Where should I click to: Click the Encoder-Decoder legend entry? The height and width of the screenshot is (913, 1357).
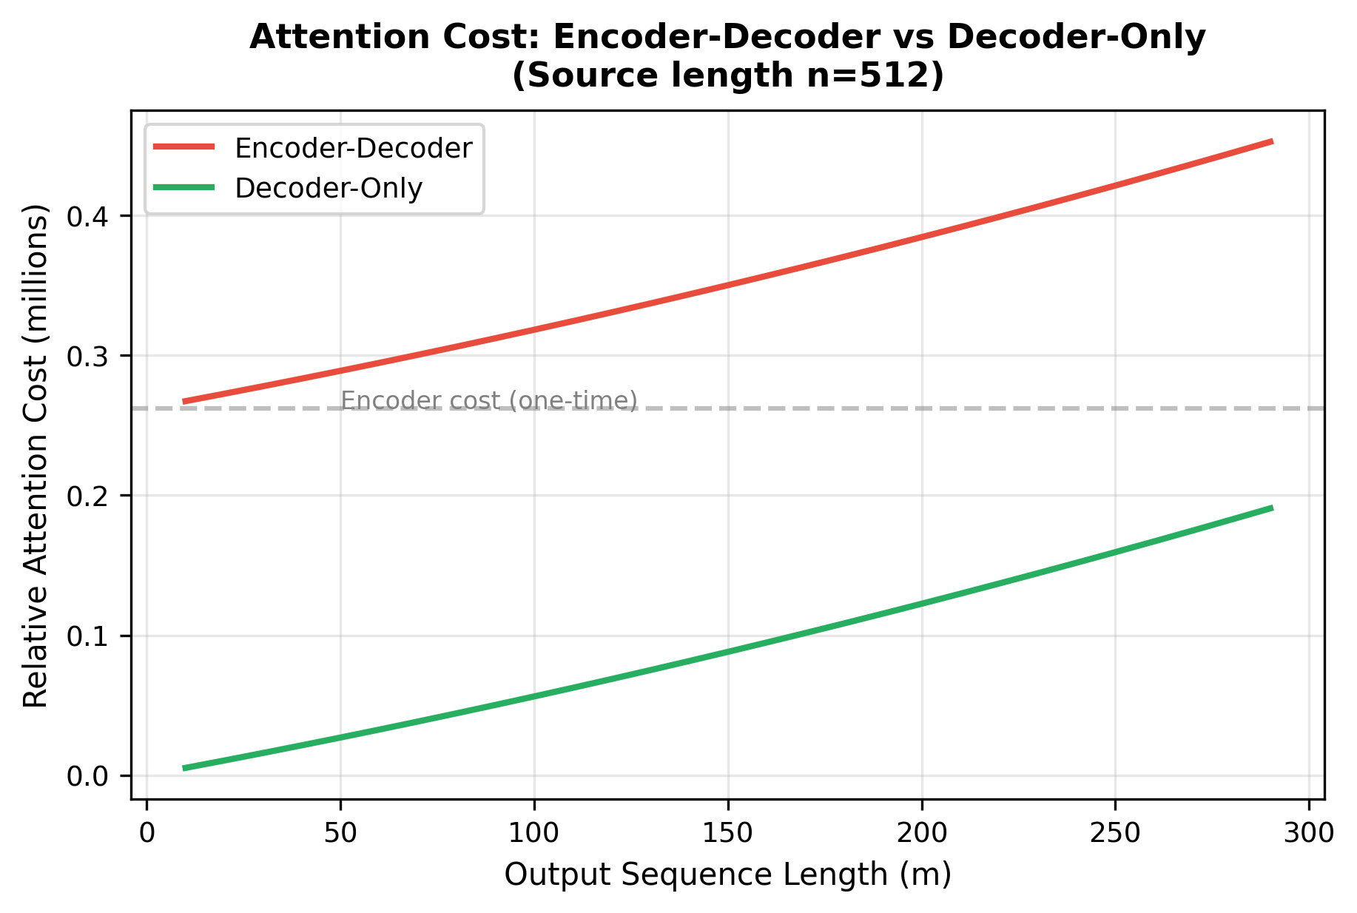(x=353, y=149)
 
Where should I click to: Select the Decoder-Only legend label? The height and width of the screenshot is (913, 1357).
(x=329, y=188)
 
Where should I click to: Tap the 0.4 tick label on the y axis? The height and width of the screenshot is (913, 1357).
(x=87, y=217)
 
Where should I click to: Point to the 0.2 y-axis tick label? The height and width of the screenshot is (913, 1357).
(x=87, y=496)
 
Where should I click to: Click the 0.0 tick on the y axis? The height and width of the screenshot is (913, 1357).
(x=87, y=776)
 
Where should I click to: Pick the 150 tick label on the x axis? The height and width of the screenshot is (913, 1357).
(x=727, y=833)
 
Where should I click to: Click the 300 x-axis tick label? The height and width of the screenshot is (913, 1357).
(x=1309, y=833)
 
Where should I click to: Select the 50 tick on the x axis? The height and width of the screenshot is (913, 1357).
(x=340, y=833)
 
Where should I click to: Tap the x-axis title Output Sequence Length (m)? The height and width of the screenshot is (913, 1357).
(x=727, y=875)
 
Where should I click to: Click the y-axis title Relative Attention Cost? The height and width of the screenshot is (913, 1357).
(x=36, y=455)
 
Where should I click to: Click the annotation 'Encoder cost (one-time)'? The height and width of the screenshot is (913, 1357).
(x=488, y=400)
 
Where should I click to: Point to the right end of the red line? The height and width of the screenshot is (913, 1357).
(x=1272, y=141)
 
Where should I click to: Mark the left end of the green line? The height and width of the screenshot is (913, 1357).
(x=184, y=768)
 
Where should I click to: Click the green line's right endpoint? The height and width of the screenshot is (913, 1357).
(x=1272, y=508)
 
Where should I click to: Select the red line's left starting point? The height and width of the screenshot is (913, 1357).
(x=184, y=402)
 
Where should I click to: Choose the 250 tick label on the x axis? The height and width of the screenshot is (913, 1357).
(x=1115, y=833)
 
